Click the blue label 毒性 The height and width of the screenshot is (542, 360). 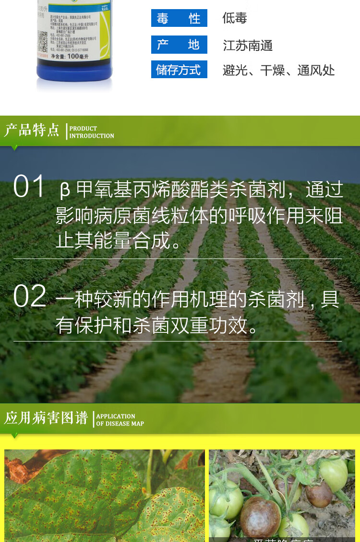179,18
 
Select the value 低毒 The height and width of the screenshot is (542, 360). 235,18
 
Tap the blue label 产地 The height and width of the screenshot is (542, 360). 179,45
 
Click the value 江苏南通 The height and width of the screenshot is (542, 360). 248,46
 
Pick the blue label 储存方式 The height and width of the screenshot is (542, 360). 179,70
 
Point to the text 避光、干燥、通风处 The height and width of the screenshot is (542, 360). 278,71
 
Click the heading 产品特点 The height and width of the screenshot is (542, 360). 32,130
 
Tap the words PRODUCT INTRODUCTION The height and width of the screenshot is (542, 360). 92,132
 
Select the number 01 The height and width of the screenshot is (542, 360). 29,186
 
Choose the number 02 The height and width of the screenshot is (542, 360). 29,296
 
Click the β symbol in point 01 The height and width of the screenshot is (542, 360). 65,190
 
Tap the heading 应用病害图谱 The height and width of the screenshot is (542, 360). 46,418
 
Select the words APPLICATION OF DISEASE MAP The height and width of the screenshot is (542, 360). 120,420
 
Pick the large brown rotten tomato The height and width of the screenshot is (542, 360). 260,517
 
